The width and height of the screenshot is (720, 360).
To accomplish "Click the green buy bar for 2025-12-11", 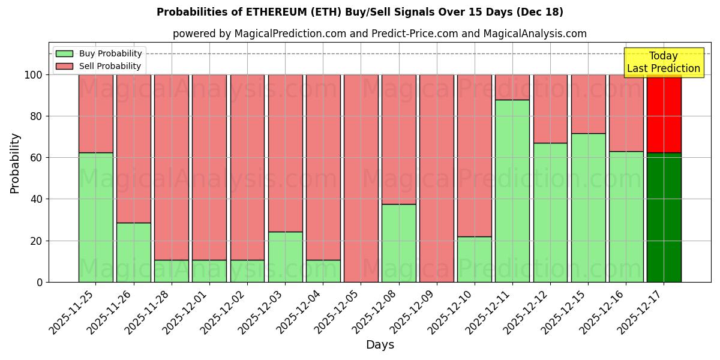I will (512, 191).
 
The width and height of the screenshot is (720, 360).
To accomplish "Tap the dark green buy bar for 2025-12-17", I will (664, 217).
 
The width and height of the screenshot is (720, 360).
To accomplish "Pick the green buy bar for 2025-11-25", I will (95, 217).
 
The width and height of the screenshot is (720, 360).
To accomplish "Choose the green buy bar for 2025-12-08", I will (398, 243).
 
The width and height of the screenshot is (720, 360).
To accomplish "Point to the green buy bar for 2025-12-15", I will (588, 208).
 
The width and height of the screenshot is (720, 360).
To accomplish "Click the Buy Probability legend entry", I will (99, 53).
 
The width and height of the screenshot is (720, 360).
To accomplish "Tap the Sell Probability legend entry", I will (99, 66).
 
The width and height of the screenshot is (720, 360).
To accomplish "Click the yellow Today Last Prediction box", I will (664, 62).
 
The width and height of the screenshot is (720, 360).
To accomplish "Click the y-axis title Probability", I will (15, 163).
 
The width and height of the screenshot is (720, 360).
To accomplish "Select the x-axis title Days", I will (380, 345).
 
